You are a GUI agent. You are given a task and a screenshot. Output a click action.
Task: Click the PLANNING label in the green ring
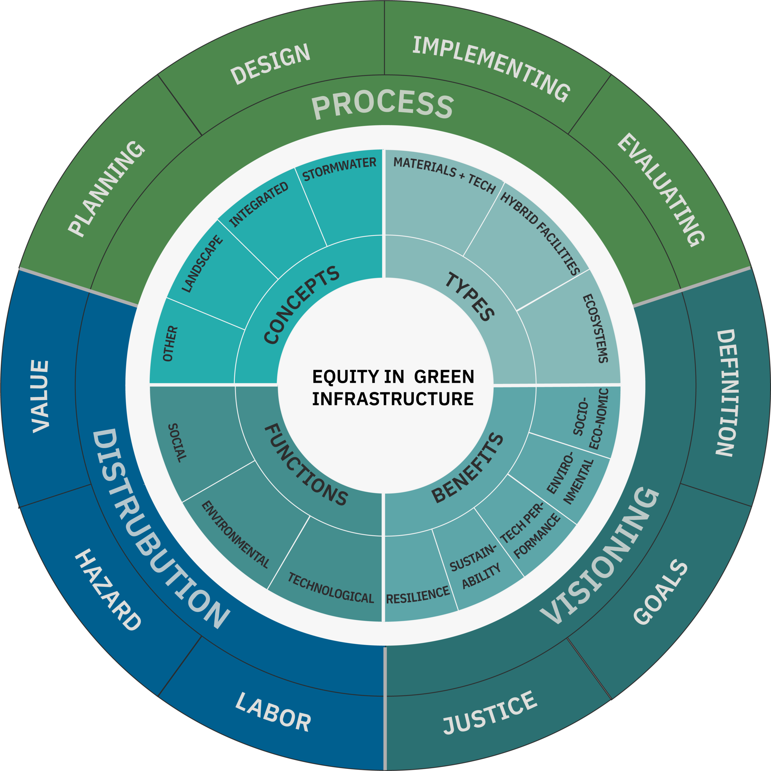[x=106, y=189]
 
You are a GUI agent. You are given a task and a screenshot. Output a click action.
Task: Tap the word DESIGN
[x=270, y=64]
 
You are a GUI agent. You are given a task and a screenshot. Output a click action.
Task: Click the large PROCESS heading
[x=382, y=105]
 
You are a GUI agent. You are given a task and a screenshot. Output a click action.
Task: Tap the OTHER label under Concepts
[x=171, y=344]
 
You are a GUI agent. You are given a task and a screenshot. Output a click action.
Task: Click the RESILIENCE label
[x=418, y=595]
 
